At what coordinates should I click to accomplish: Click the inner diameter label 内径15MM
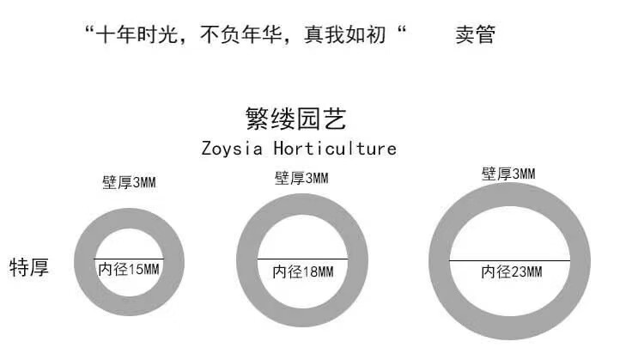click(x=129, y=269)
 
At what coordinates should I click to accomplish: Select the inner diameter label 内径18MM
click(x=302, y=272)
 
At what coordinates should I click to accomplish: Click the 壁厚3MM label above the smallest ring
click(x=129, y=183)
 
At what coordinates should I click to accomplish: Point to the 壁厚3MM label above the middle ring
click(x=301, y=178)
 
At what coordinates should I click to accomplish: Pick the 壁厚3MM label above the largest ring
click(x=508, y=174)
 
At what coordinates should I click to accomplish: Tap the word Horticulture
click(x=335, y=148)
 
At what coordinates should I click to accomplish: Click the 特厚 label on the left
click(x=29, y=266)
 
